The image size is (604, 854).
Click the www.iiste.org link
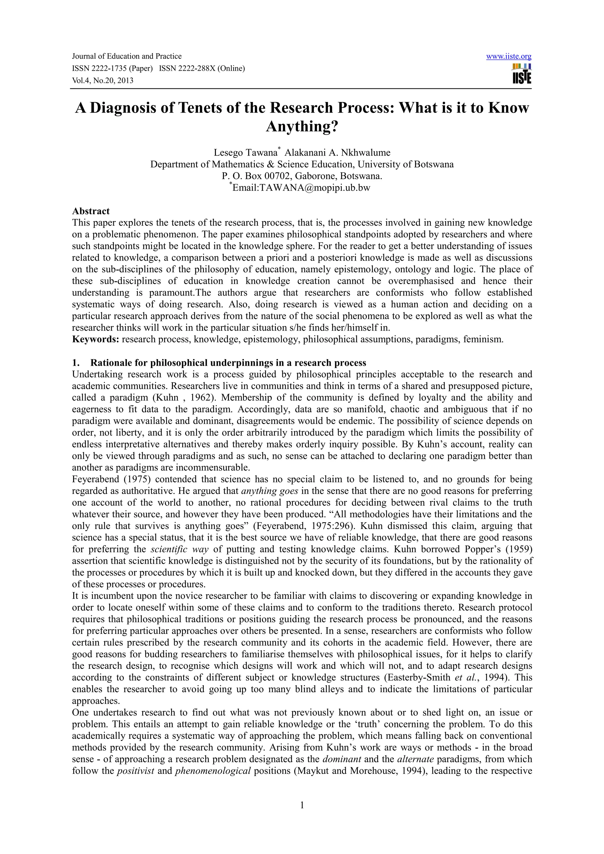coord(508,57)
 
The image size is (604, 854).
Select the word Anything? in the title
coord(302,127)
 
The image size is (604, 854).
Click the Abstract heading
coord(91,211)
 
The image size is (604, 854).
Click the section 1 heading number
coord(75,363)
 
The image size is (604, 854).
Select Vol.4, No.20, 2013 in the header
coord(102,81)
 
